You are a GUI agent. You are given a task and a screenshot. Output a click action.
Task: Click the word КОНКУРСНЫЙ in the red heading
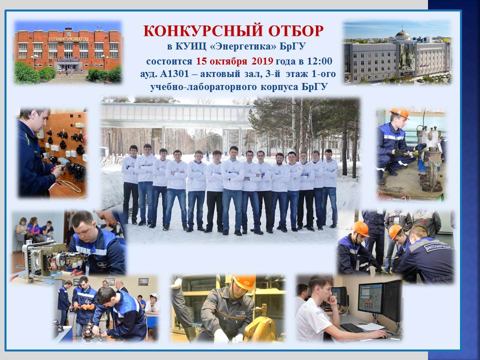203,31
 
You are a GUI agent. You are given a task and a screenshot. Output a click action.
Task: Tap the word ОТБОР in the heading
296,31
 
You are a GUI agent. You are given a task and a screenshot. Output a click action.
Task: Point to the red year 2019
262,61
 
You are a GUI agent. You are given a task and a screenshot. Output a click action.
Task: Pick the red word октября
228,61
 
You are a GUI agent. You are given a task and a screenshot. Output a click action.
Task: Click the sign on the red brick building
68,39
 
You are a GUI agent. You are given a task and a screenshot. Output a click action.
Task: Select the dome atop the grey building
403,33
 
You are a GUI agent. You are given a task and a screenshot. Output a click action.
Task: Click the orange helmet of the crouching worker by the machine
400,113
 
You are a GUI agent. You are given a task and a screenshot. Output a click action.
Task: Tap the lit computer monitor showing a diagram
370,298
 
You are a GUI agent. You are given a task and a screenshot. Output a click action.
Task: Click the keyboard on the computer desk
352,328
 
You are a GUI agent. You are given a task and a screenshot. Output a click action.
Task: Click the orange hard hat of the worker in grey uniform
244,281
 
